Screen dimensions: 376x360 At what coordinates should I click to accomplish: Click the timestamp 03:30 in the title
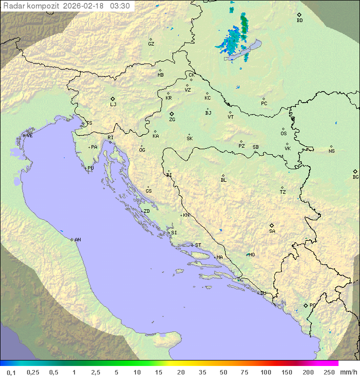point(120,6)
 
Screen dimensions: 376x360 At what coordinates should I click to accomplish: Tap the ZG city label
point(172,120)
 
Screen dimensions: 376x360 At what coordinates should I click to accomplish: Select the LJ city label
point(113,105)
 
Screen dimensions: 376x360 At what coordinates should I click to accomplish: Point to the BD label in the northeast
point(299,21)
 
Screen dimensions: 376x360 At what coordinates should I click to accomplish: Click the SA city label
point(272,231)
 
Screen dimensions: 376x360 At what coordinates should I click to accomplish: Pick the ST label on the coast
point(198,245)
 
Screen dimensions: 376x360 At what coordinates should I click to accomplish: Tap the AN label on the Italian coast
point(77,240)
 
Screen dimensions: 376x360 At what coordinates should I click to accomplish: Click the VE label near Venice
point(29,136)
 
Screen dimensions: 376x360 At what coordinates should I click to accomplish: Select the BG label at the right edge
point(355,177)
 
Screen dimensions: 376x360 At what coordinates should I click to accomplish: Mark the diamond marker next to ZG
point(171,114)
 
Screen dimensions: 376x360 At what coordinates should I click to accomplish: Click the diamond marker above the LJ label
point(113,99)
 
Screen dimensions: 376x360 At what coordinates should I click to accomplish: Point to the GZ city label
point(151,44)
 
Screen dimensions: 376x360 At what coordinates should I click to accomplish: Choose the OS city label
point(283,134)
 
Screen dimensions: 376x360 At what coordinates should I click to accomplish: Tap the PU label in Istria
point(90,168)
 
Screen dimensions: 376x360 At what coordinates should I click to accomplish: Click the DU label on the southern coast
point(262,293)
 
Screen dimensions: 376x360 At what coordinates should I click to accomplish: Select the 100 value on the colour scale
point(265,372)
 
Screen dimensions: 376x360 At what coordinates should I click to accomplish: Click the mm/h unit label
point(346,372)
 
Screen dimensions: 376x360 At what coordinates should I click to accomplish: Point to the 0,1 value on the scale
point(11,372)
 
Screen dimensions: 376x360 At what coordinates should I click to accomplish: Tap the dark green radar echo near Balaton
point(244,23)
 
